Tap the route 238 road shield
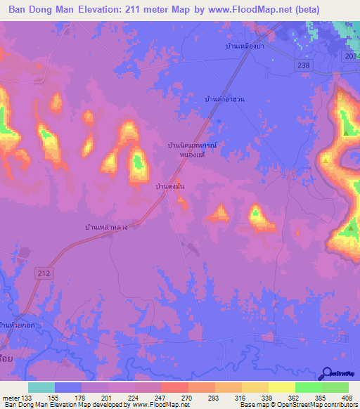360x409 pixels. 302,63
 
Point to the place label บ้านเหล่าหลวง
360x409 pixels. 105,228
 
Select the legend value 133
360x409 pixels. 27,397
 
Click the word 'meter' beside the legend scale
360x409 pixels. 11,397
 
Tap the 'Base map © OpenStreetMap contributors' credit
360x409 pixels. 299,405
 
